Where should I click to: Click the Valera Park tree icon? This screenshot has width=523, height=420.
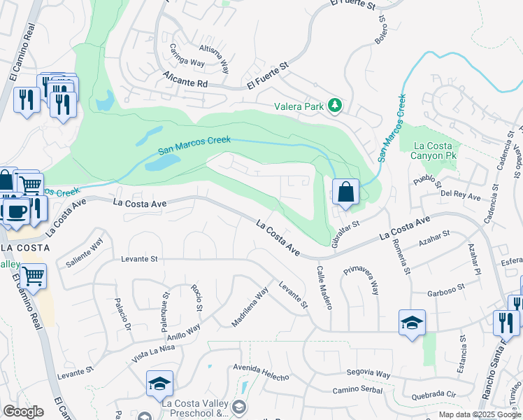[336, 106]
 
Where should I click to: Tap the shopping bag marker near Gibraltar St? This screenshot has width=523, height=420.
[345, 191]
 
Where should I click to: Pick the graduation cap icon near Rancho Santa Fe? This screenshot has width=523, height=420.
[412, 323]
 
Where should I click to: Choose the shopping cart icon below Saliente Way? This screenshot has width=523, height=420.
[33, 276]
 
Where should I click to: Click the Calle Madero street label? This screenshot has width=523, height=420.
[324, 287]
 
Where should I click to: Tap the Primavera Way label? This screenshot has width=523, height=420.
[363, 279]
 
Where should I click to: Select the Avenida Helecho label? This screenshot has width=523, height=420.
[261, 372]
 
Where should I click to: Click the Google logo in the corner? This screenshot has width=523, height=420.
[23, 412]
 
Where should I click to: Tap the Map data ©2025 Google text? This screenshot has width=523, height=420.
[480, 414]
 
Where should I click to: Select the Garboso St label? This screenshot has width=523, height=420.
[446, 293]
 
